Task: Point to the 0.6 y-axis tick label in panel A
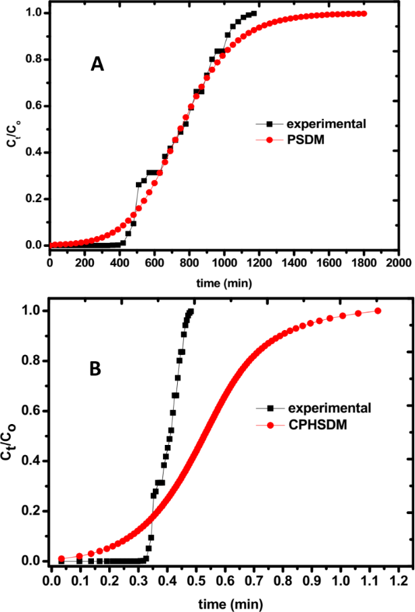click(x=35, y=106)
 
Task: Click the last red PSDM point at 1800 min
click(x=364, y=14)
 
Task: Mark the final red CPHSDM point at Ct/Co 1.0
click(x=377, y=311)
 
